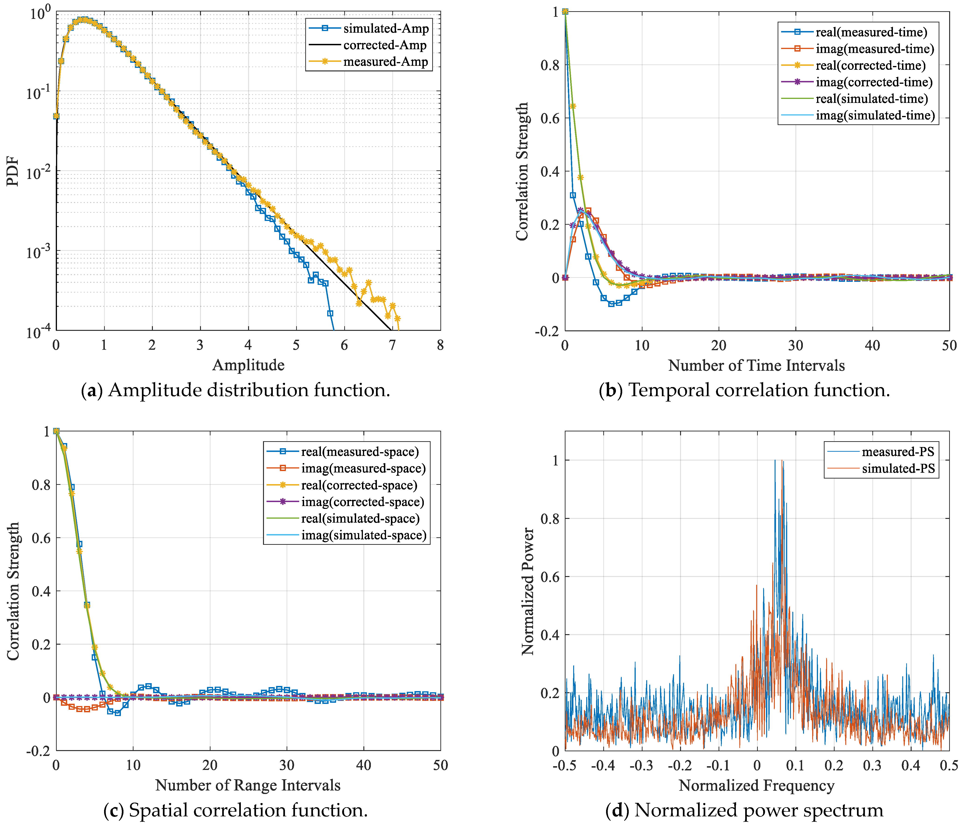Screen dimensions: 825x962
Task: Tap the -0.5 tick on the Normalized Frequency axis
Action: (x=565, y=765)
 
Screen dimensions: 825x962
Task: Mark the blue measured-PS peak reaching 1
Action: (x=775, y=461)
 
